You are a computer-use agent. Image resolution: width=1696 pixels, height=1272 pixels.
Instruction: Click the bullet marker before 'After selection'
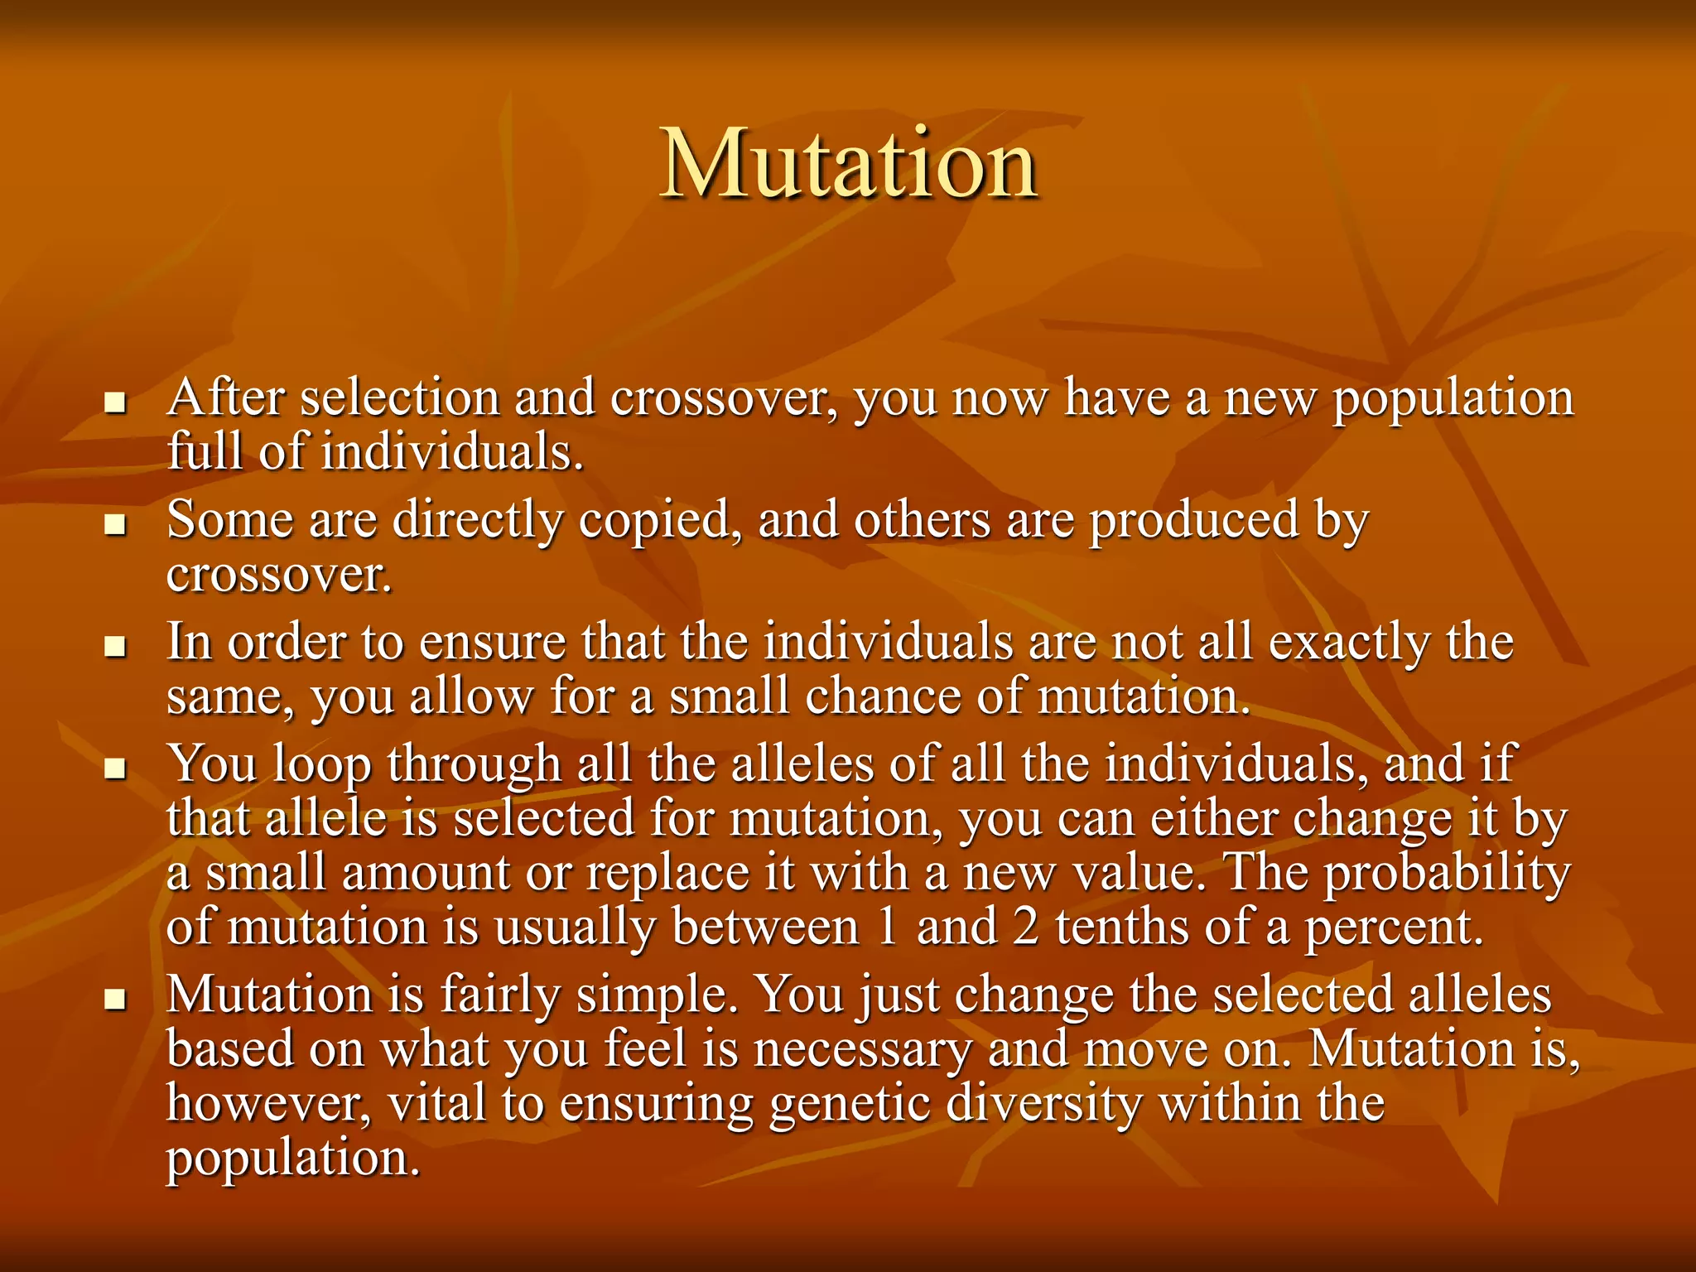[115, 403]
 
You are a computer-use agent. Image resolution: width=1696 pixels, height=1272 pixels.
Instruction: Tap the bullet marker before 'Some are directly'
[115, 525]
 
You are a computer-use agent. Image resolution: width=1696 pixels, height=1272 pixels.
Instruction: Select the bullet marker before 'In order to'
[115, 647]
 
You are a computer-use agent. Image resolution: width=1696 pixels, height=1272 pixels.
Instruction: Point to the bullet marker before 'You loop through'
[115, 768]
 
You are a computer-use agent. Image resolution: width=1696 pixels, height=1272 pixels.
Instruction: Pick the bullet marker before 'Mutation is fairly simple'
[115, 1000]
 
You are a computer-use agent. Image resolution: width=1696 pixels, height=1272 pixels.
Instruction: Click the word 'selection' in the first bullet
[400, 397]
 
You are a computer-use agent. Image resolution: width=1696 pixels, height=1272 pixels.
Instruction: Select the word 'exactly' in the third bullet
[1349, 643]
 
